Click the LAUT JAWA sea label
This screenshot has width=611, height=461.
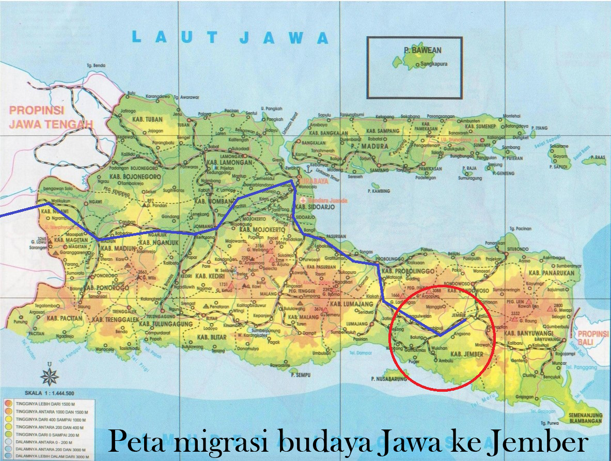(x=230, y=37)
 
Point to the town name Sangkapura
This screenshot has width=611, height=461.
(x=433, y=64)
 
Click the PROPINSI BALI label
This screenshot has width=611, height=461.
(x=593, y=338)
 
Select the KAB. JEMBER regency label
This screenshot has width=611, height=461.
(x=467, y=354)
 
